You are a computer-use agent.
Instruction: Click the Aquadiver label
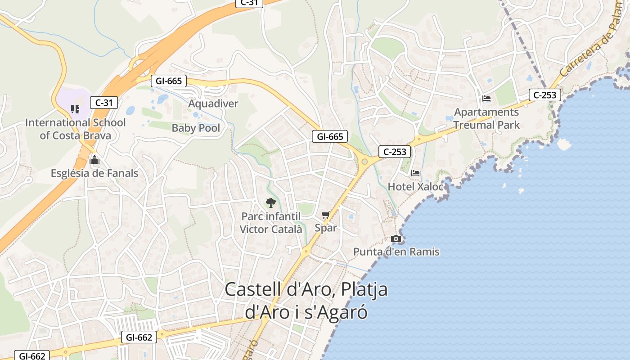(x=213, y=103)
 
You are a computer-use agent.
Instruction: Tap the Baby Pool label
(x=196, y=128)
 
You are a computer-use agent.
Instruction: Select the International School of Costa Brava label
(x=75, y=129)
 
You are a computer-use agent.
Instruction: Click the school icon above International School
(x=75, y=109)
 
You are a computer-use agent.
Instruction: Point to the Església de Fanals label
(x=94, y=173)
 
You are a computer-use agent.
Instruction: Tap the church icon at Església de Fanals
(x=94, y=160)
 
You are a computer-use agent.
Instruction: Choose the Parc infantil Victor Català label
(x=271, y=223)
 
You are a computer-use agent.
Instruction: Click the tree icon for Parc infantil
(x=270, y=203)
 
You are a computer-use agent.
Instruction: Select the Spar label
(x=325, y=228)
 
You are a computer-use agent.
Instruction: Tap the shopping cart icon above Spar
(x=325, y=215)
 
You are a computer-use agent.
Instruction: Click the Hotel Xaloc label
(x=415, y=186)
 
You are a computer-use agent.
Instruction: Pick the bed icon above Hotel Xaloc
(x=415, y=173)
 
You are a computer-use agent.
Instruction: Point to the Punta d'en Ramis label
(x=396, y=252)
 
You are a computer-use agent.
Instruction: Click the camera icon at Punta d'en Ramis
(x=396, y=238)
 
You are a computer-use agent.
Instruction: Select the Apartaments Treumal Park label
(x=486, y=118)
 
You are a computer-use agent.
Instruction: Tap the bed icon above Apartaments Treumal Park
(x=486, y=99)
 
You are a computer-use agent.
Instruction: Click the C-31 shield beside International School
(x=104, y=103)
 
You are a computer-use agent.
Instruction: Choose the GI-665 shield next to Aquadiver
(x=168, y=81)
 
